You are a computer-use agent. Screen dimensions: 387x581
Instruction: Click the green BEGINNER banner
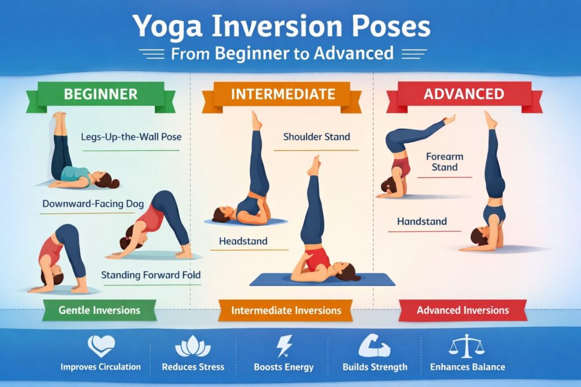click(101, 93)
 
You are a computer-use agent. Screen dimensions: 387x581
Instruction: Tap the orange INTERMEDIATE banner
click(282, 93)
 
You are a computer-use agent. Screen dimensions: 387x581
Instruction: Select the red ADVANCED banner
click(464, 93)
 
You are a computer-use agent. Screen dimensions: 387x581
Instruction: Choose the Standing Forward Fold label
click(150, 275)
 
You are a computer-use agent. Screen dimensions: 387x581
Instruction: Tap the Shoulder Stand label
click(316, 137)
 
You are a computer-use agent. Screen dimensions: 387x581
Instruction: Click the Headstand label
click(243, 242)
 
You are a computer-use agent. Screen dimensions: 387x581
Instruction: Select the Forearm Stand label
click(444, 161)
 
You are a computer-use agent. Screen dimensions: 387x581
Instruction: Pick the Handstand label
click(422, 222)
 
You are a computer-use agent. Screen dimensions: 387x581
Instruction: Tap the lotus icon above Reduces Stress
click(193, 347)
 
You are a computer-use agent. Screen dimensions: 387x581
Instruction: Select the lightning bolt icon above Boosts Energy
click(284, 346)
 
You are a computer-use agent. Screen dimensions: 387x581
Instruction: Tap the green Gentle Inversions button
click(99, 310)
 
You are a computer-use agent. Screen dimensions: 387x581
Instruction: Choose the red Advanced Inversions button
click(462, 310)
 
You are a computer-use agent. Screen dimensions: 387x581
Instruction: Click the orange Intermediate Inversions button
click(287, 311)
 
